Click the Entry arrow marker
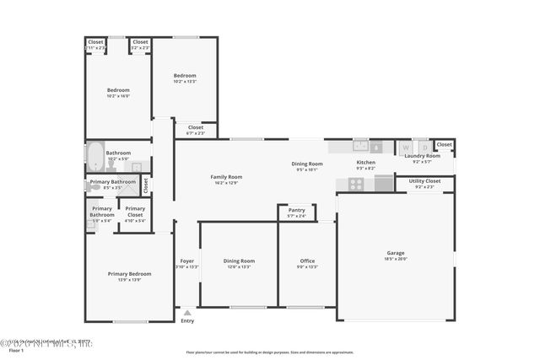(187, 313)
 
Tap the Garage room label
(396, 253)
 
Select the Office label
(307, 261)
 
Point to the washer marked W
(405, 147)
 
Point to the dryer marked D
(424, 147)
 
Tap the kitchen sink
(361, 146)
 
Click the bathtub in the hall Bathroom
(94, 158)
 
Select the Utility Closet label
(424, 181)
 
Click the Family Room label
(226, 176)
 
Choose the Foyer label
(187, 261)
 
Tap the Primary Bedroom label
(129, 274)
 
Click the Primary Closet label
(135, 211)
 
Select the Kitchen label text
(365, 162)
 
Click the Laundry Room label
(422, 156)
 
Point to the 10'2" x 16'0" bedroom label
(118, 96)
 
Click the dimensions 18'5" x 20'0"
(396, 259)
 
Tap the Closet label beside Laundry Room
(444, 144)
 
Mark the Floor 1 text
(10, 351)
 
